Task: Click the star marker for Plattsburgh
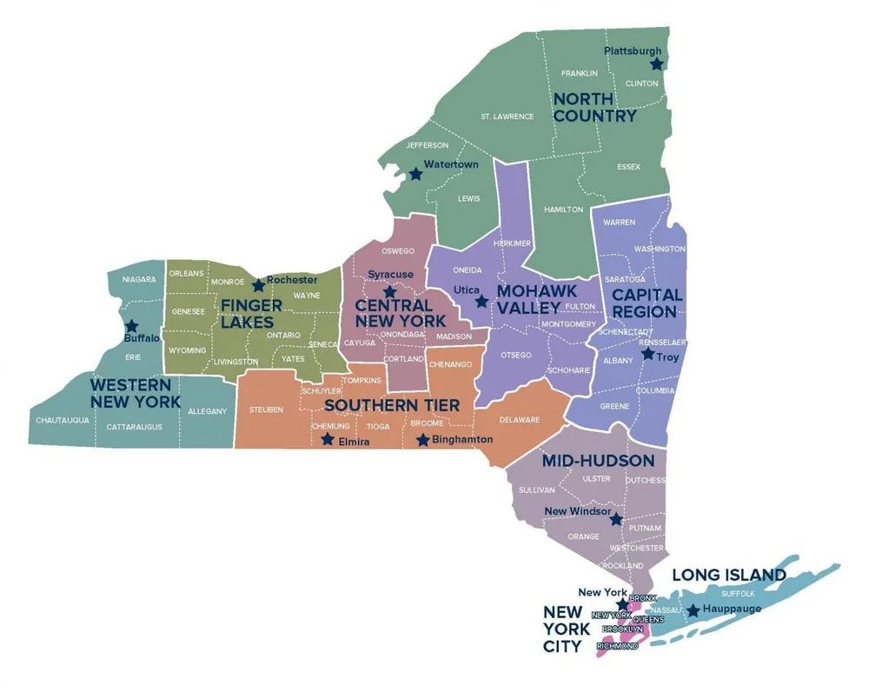pos(657,63)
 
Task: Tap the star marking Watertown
pos(415,174)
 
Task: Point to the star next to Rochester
pos(258,285)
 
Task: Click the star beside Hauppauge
pos(693,611)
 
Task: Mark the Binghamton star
pos(423,440)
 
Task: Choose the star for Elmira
pos(327,439)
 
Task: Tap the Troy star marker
pos(647,355)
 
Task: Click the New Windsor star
pos(616,519)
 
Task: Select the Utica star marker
pos(481,301)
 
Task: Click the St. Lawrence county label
pos(507,116)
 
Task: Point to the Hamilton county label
pos(563,210)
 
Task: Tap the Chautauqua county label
pos(63,420)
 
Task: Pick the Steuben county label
pos(266,409)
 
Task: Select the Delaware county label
pos(520,420)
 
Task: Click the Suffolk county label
pos(738,593)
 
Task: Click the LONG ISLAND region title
pos(729,575)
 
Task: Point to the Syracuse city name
pos(390,274)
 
